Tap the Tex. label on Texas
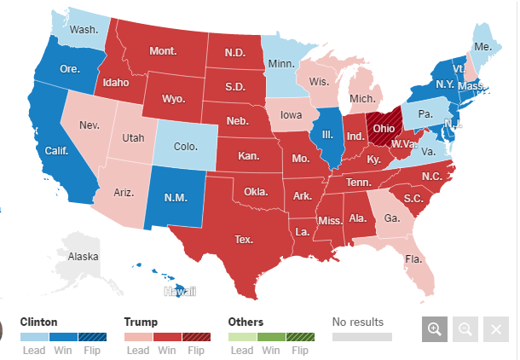tap(244, 239)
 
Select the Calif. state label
tap(56, 151)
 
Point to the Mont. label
tap(163, 51)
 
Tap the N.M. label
tap(175, 198)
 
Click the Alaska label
tap(84, 256)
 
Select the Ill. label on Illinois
tap(325, 135)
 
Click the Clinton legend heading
tap(39, 322)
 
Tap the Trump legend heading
tap(142, 322)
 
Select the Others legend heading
tap(246, 322)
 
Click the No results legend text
tap(357, 322)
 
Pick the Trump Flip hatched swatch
tap(195, 337)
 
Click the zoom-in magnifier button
tap(434, 329)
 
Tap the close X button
tap(495, 329)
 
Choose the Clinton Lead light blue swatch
tap(34, 337)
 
